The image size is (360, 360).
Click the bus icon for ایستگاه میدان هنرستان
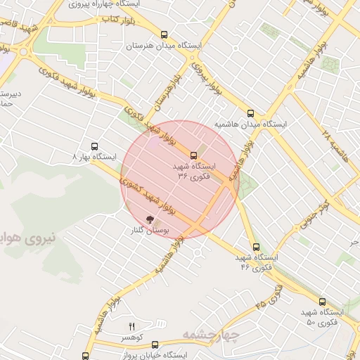[165, 34]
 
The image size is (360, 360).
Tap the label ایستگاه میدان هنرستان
[164, 46]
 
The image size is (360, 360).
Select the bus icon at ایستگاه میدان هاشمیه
[251, 112]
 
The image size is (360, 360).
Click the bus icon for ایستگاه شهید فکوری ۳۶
[193, 155]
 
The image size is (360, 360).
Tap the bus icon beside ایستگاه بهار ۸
[75, 157]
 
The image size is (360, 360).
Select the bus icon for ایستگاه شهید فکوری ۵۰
[323, 300]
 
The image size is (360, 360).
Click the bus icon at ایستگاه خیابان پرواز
[86, 356]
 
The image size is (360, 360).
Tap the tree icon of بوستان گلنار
[148, 219]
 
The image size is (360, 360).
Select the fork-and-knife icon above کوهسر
[131, 326]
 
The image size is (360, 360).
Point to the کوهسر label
[129, 338]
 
